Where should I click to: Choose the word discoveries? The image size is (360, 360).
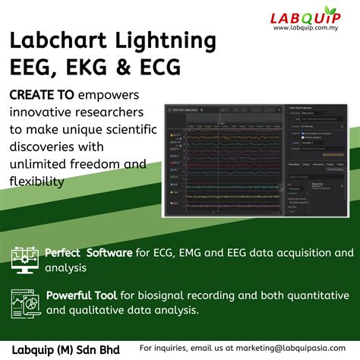click(45, 147)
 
